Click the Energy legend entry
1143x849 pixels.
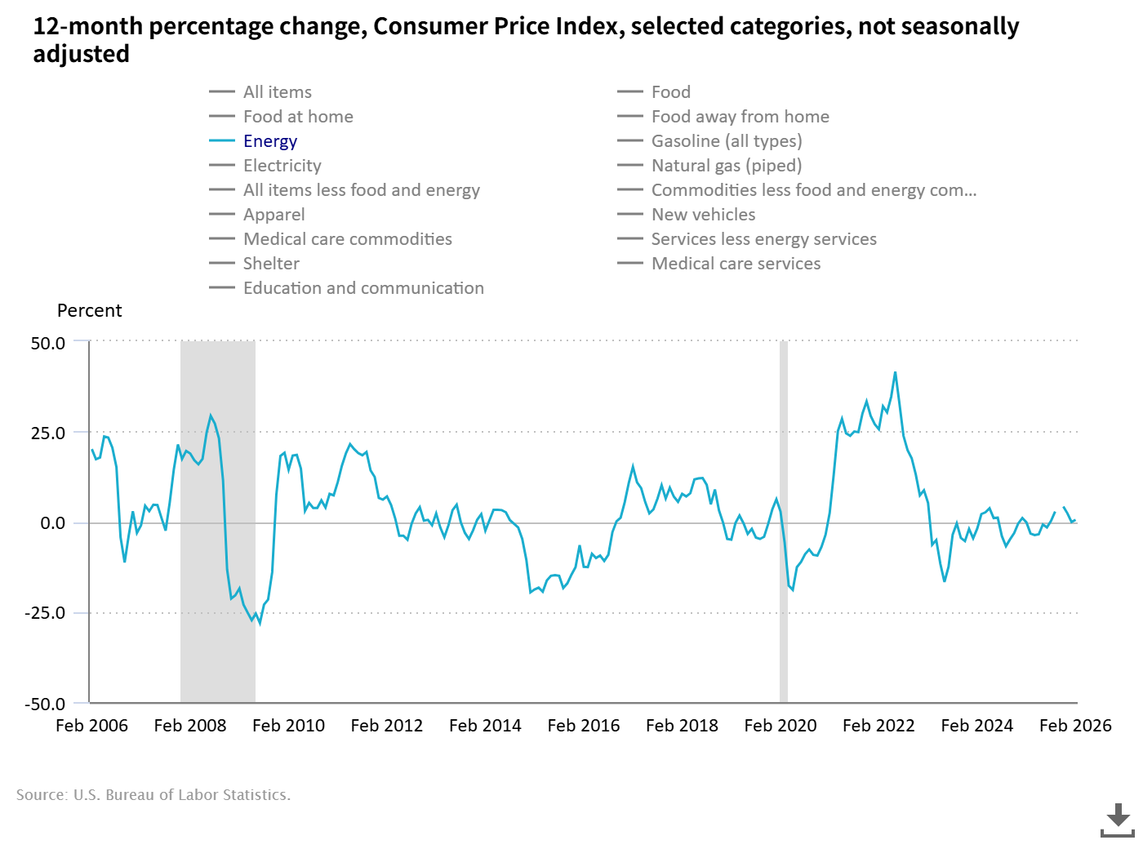click(x=269, y=141)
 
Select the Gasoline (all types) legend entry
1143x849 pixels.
click(x=726, y=141)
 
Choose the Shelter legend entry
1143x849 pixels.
click(x=271, y=264)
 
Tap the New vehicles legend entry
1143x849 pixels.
click(x=703, y=215)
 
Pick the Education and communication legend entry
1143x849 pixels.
click(x=363, y=288)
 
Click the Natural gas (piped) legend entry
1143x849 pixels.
click(x=726, y=166)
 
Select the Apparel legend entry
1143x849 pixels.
click(x=274, y=215)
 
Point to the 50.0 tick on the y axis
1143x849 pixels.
click(x=48, y=344)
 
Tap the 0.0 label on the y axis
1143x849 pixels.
click(x=52, y=523)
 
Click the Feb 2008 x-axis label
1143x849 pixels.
click(x=190, y=726)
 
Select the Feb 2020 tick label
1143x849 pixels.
click(x=781, y=726)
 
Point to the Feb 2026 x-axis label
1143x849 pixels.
click(x=1075, y=726)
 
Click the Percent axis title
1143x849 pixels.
click(x=89, y=311)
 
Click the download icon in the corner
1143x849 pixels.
click(x=1118, y=820)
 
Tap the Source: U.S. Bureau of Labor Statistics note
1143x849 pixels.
click(x=153, y=795)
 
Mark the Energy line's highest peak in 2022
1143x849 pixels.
click(x=895, y=373)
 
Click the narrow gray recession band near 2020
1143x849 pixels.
click(x=784, y=522)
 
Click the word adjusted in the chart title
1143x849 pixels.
click(x=81, y=55)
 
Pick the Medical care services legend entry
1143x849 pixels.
click(x=736, y=264)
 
